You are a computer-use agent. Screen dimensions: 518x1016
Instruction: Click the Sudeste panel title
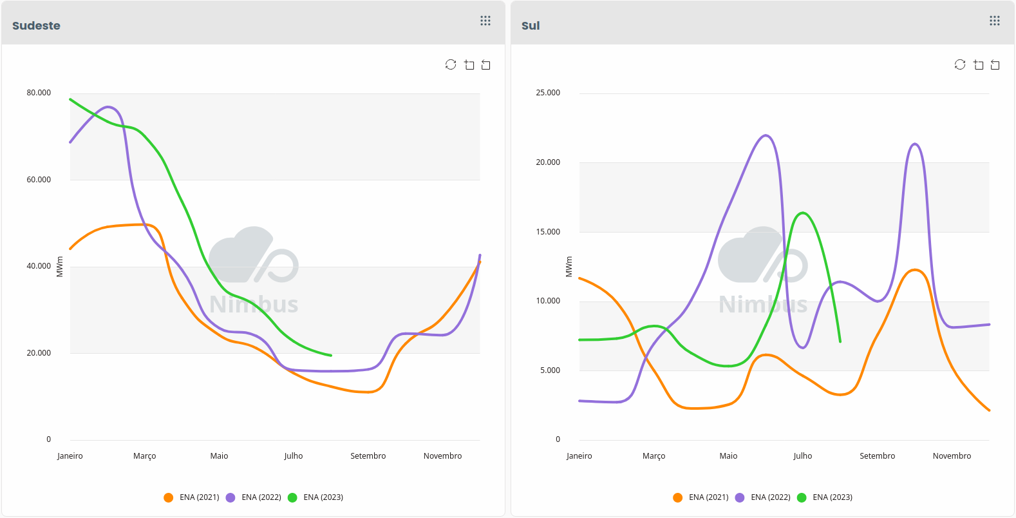pos(36,26)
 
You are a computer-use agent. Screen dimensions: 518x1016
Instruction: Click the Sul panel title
pos(531,26)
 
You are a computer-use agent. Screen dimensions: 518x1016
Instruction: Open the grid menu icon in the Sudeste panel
pos(485,21)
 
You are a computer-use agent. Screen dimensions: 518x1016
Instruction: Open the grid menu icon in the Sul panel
pos(995,21)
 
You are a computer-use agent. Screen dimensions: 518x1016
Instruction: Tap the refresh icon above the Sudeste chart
pos(451,64)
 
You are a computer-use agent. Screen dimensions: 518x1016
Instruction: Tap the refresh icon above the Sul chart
pos(960,64)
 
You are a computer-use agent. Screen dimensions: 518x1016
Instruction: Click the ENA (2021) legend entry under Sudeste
pos(192,497)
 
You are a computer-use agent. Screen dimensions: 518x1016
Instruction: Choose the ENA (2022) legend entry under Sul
pos(763,497)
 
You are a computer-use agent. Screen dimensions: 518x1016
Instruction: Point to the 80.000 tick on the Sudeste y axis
pos(39,93)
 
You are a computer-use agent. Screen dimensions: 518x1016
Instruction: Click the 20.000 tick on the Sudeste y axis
pos(39,353)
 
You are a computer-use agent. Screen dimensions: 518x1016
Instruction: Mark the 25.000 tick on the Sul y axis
pos(548,93)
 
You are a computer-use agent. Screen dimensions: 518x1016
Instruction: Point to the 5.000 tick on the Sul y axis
pos(550,370)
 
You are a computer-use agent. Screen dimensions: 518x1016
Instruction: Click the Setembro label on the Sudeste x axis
pos(368,456)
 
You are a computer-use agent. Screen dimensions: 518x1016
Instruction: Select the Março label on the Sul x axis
pos(654,456)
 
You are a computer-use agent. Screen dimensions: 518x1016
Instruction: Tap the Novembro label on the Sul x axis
pos(952,456)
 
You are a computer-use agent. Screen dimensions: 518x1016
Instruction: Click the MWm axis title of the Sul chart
pos(569,267)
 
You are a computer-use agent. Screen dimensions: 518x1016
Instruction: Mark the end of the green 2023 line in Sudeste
pos(331,355)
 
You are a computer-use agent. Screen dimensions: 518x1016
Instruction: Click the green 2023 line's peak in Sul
pos(802,213)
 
